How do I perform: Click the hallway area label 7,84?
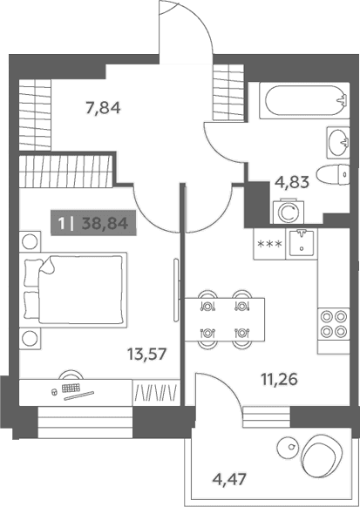click(x=103, y=107)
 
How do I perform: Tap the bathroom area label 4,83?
click(x=292, y=182)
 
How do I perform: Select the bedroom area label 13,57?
click(x=146, y=354)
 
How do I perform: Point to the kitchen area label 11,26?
click(x=279, y=379)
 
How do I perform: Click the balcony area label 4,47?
click(x=229, y=477)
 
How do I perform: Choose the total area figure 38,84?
click(x=105, y=223)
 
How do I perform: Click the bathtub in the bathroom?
click(x=304, y=100)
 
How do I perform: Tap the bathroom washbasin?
click(x=338, y=142)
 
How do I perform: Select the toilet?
click(x=333, y=175)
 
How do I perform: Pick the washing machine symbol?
click(x=289, y=212)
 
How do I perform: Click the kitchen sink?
click(x=302, y=243)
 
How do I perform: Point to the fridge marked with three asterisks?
click(x=269, y=244)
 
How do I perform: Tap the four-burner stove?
click(x=334, y=324)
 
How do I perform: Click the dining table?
click(x=225, y=319)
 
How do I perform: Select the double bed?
click(x=73, y=290)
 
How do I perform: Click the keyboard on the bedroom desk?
click(x=71, y=388)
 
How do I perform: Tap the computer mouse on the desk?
click(x=54, y=392)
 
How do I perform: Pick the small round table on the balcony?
click(x=289, y=447)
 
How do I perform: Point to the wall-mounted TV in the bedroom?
click(x=176, y=290)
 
